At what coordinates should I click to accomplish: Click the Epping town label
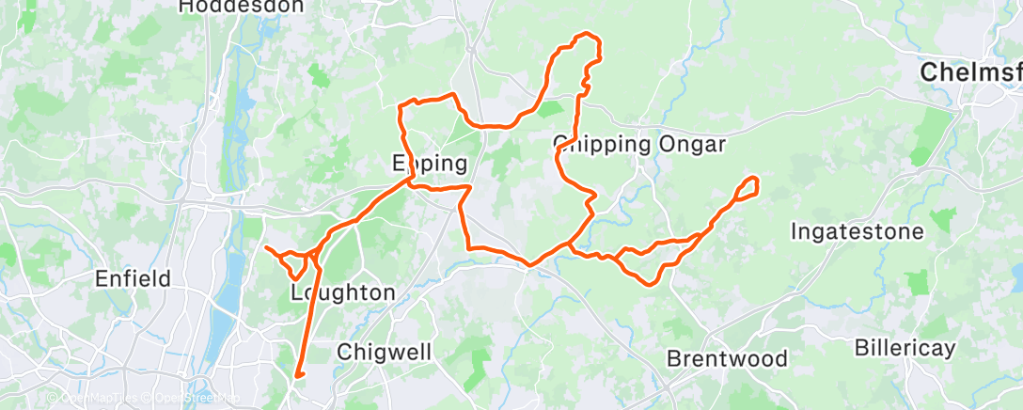point(429,164)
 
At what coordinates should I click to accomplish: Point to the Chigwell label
point(384,353)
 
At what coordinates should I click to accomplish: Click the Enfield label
point(134,278)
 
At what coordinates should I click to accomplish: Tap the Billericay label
point(905,348)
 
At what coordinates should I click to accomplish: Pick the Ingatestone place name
point(858,230)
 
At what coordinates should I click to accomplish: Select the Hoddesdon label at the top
point(242,7)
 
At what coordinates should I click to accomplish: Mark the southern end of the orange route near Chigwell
point(296,376)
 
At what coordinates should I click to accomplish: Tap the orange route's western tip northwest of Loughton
point(266,248)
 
